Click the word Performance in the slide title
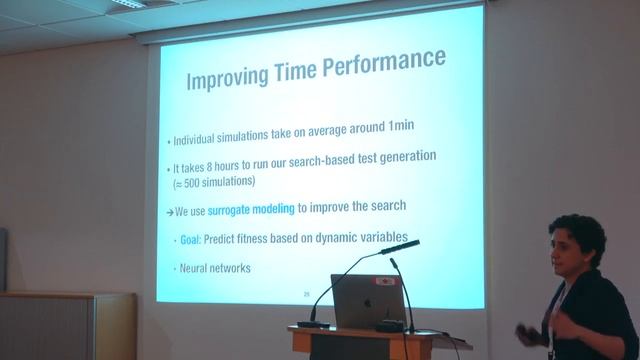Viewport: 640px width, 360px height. point(384,62)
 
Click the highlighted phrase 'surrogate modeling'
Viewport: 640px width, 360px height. point(250,209)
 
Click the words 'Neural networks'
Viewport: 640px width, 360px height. point(212,268)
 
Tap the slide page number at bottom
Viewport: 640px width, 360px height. point(307,293)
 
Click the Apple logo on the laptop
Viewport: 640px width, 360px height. point(367,301)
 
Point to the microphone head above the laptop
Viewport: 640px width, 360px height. point(400,245)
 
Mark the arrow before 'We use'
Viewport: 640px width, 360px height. point(169,210)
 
